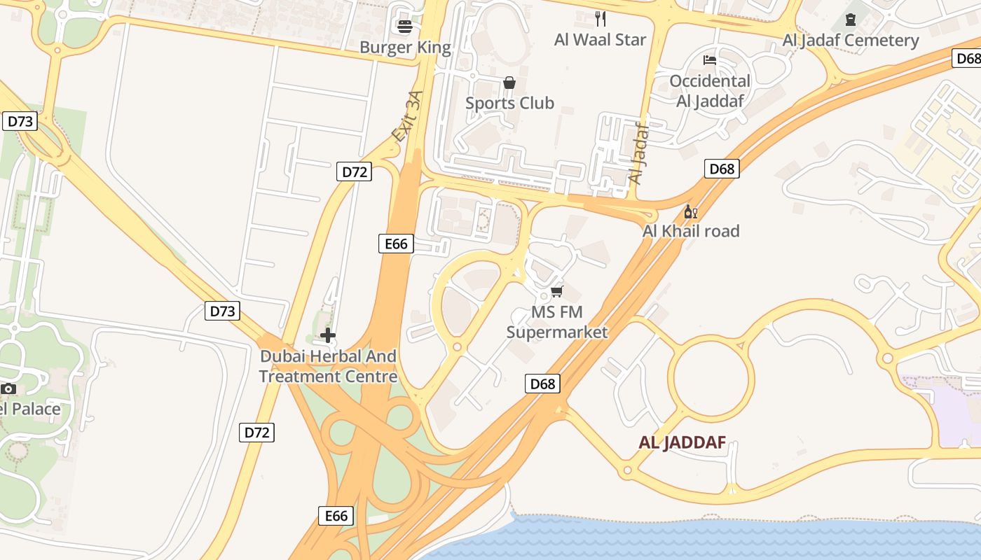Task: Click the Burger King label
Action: [x=405, y=48]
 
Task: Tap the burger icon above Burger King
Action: [x=405, y=27]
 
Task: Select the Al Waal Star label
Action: [x=600, y=39]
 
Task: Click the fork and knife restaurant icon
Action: [x=600, y=18]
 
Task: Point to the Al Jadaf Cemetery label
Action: [x=851, y=40]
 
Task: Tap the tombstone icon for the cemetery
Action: [x=851, y=19]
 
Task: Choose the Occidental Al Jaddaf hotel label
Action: [x=710, y=91]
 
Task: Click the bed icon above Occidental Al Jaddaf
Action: [x=710, y=60]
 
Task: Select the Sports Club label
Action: [x=509, y=103]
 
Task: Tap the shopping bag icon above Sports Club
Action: [x=509, y=83]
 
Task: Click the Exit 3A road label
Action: [x=409, y=117]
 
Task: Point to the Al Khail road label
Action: [x=691, y=231]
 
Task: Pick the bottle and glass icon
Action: [x=690, y=211]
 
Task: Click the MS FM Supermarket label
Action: [x=557, y=322]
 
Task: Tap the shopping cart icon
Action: [x=557, y=291]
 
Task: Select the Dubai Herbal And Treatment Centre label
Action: [x=328, y=366]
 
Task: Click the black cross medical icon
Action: [x=327, y=335]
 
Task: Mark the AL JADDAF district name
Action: [x=682, y=442]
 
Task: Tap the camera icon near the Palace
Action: [x=8, y=388]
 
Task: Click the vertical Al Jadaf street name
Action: [x=638, y=153]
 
